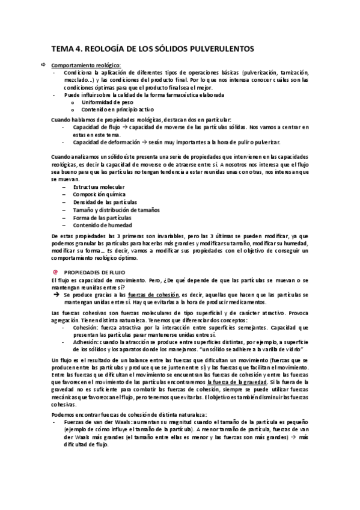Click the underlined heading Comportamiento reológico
(86, 65)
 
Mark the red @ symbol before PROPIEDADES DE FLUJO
(55, 271)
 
